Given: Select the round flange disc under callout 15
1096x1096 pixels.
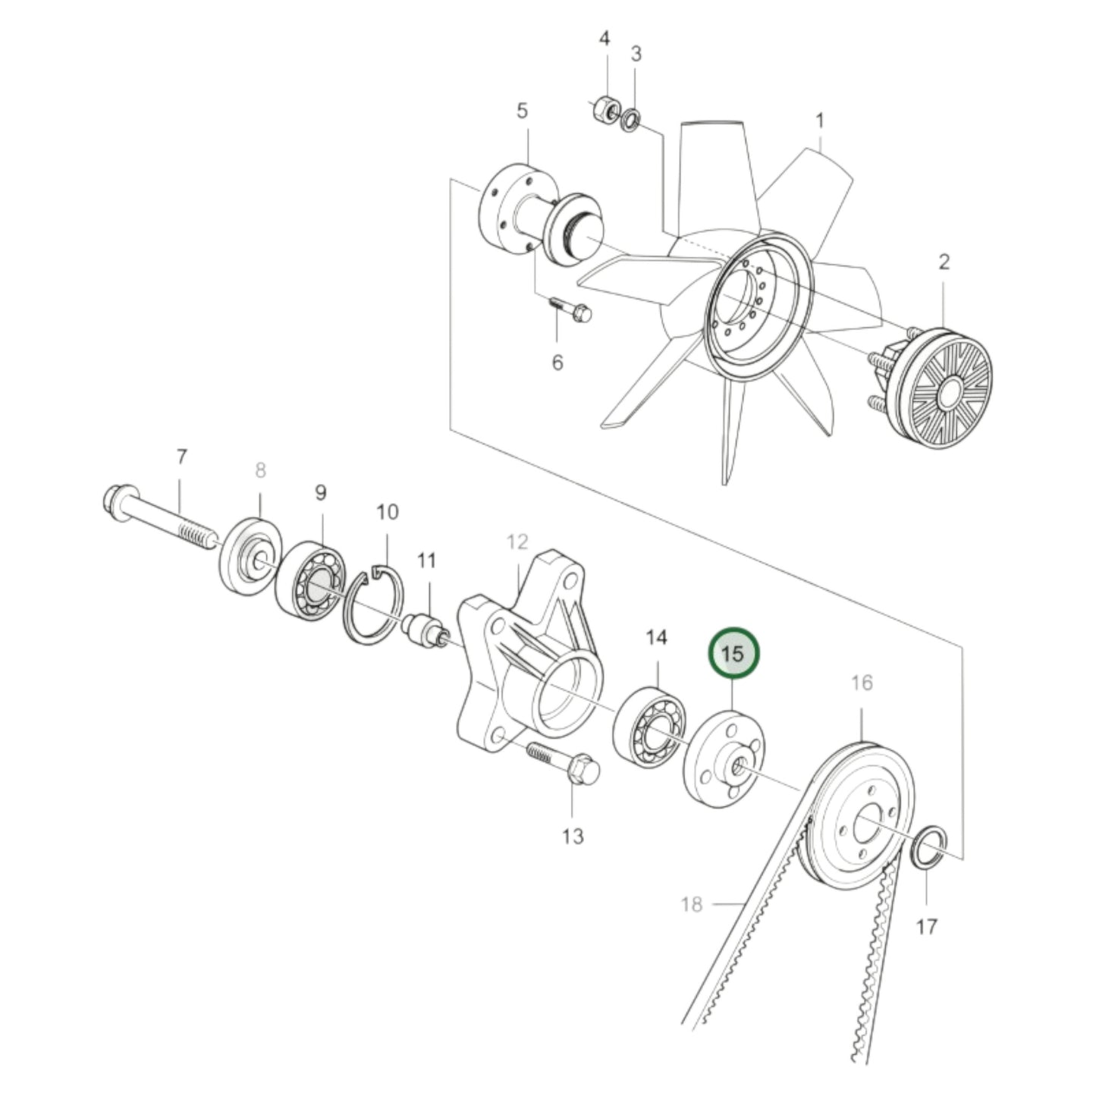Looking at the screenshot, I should [724, 759].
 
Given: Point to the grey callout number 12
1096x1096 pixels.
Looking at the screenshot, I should [517, 542].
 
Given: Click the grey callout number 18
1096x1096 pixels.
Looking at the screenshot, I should [691, 904].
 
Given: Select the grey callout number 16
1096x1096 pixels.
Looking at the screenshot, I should [862, 683].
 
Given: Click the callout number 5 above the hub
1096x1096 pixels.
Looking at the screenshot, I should [522, 111].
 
